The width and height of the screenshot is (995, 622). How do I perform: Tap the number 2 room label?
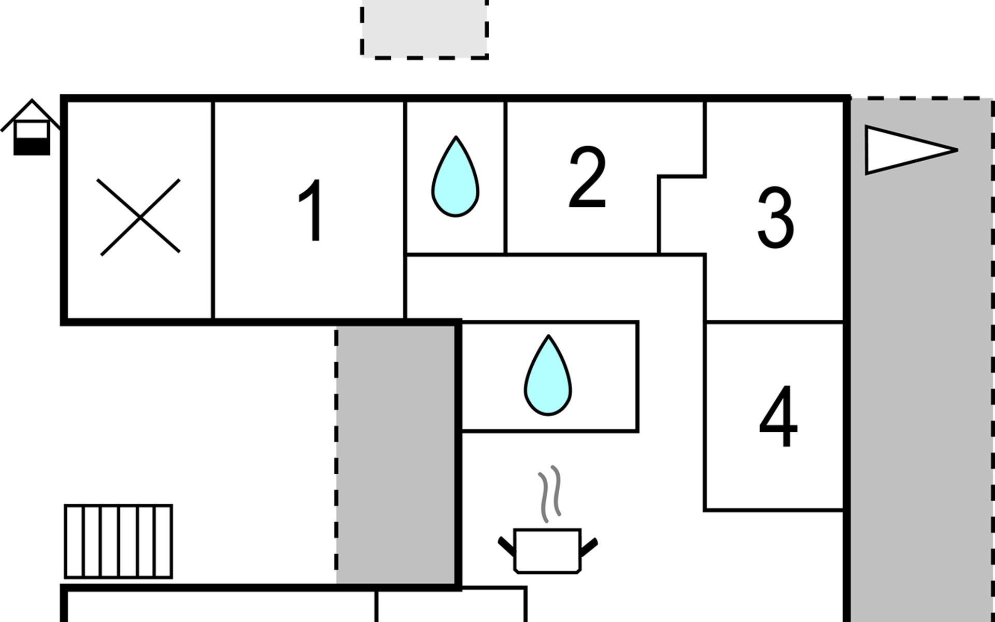(587, 177)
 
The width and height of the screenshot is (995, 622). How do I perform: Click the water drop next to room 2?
(456, 177)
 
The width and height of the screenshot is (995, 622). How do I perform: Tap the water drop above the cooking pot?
(548, 376)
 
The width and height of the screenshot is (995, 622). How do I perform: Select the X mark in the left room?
(139, 217)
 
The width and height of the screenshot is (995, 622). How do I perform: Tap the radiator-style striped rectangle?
(118, 541)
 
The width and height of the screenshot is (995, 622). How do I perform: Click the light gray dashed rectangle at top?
(424, 29)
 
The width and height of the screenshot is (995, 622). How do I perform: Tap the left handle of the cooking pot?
(505, 545)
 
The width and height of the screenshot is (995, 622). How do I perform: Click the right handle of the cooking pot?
(589, 546)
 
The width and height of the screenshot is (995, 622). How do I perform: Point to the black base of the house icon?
(32, 147)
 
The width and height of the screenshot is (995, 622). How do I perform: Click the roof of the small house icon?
(32, 109)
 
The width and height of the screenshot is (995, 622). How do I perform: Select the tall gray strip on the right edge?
(921, 363)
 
